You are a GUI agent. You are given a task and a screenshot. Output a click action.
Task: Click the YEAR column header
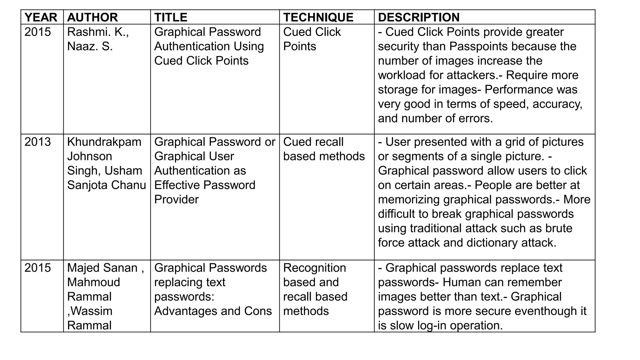click(41, 17)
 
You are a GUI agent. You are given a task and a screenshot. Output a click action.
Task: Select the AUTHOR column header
click(92, 17)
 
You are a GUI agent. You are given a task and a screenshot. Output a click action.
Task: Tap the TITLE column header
click(171, 17)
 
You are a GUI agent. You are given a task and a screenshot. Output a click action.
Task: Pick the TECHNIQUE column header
click(318, 17)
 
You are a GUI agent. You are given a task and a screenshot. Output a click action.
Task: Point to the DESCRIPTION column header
click(419, 17)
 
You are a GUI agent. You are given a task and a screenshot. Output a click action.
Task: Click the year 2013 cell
click(37, 142)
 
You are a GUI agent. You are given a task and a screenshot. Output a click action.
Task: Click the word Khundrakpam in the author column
click(104, 142)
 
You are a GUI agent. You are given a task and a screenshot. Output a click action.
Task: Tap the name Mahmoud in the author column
click(93, 282)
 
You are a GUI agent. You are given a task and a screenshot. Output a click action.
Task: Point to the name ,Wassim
click(90, 311)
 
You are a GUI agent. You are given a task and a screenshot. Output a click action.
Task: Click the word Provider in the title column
click(176, 199)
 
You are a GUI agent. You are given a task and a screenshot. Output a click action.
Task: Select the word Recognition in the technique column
click(314, 268)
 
